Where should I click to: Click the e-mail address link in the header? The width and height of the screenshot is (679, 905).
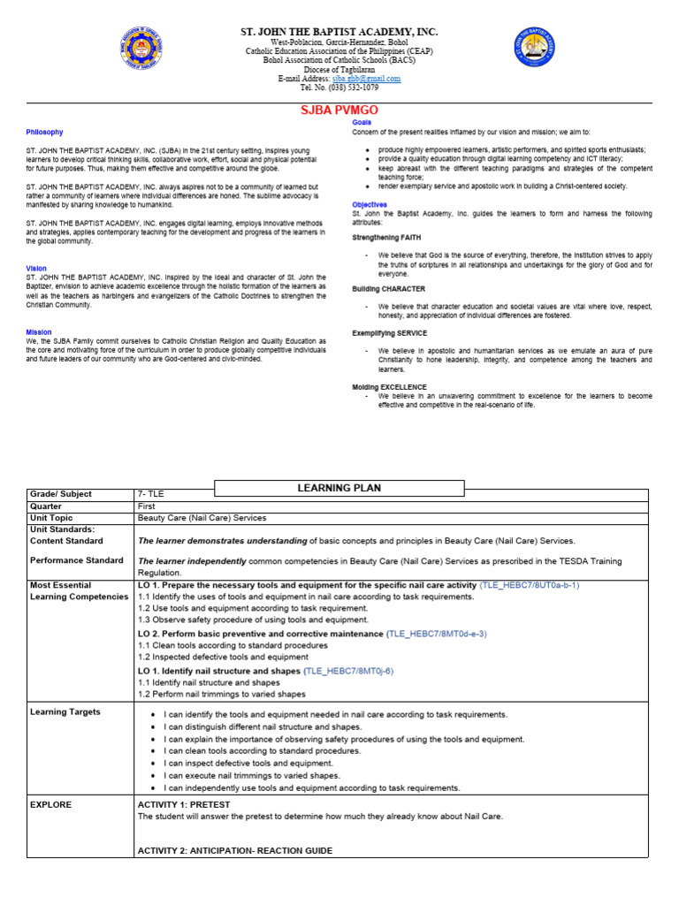(367, 79)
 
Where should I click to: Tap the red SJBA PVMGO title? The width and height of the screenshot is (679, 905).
(340, 110)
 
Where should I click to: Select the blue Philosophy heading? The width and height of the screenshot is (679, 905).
(44, 133)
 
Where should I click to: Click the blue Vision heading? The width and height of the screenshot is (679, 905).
(36, 268)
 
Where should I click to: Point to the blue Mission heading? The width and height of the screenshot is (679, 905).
(39, 332)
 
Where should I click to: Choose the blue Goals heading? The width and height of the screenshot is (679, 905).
(362, 122)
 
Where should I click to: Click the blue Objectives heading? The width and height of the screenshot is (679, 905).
(370, 204)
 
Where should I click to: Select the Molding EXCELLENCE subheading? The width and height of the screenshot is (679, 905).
(389, 387)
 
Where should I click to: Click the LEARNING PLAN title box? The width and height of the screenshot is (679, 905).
(339, 488)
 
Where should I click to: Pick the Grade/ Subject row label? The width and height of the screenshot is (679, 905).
(61, 494)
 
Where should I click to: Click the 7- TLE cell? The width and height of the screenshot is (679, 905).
(151, 494)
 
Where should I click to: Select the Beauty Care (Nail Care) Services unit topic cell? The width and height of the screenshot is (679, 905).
(202, 518)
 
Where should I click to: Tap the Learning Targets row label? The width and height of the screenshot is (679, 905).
(65, 711)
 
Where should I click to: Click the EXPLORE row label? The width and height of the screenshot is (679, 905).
(51, 805)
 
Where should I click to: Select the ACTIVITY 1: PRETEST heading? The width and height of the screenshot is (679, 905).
(189, 805)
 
